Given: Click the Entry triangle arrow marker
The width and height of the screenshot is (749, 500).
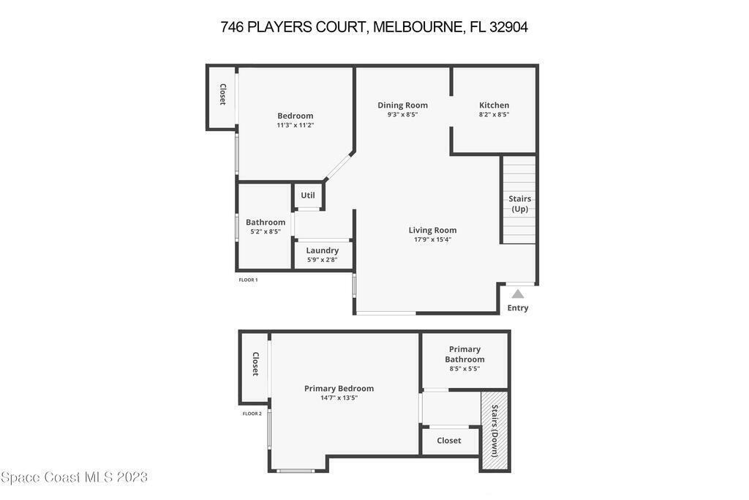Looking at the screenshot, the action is click(x=518, y=294).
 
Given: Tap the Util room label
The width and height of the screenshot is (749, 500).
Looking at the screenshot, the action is click(x=308, y=195).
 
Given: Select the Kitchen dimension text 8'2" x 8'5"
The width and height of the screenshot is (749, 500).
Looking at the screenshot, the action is click(x=494, y=115).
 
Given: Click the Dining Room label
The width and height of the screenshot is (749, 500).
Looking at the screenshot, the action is click(x=403, y=105).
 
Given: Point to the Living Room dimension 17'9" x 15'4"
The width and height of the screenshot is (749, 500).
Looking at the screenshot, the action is click(x=432, y=239).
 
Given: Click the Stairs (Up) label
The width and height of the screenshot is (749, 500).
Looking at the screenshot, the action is click(x=520, y=204).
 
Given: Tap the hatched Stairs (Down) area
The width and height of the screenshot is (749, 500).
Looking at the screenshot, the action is click(x=494, y=431).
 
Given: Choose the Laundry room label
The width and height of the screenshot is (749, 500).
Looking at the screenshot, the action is click(x=323, y=250).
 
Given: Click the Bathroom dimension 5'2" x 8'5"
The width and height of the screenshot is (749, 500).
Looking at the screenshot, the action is click(x=266, y=231).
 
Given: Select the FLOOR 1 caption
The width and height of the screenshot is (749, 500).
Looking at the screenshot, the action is click(x=248, y=280).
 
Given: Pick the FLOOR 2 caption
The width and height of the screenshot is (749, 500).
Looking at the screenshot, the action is click(x=252, y=414).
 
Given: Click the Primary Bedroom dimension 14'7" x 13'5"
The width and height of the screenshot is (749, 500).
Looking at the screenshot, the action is click(x=339, y=398).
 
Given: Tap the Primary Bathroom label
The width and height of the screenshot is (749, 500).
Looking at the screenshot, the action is click(x=464, y=354).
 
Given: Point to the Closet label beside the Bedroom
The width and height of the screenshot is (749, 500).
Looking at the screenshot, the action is click(x=222, y=94).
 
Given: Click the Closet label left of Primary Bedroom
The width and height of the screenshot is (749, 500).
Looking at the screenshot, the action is click(x=255, y=364).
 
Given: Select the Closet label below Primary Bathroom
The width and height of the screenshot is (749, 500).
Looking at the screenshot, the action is click(x=449, y=441).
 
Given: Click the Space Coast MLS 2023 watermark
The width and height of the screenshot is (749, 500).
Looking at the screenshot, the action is click(x=74, y=477).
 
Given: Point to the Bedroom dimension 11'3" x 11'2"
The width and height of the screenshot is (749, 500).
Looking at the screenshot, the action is click(x=296, y=125).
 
